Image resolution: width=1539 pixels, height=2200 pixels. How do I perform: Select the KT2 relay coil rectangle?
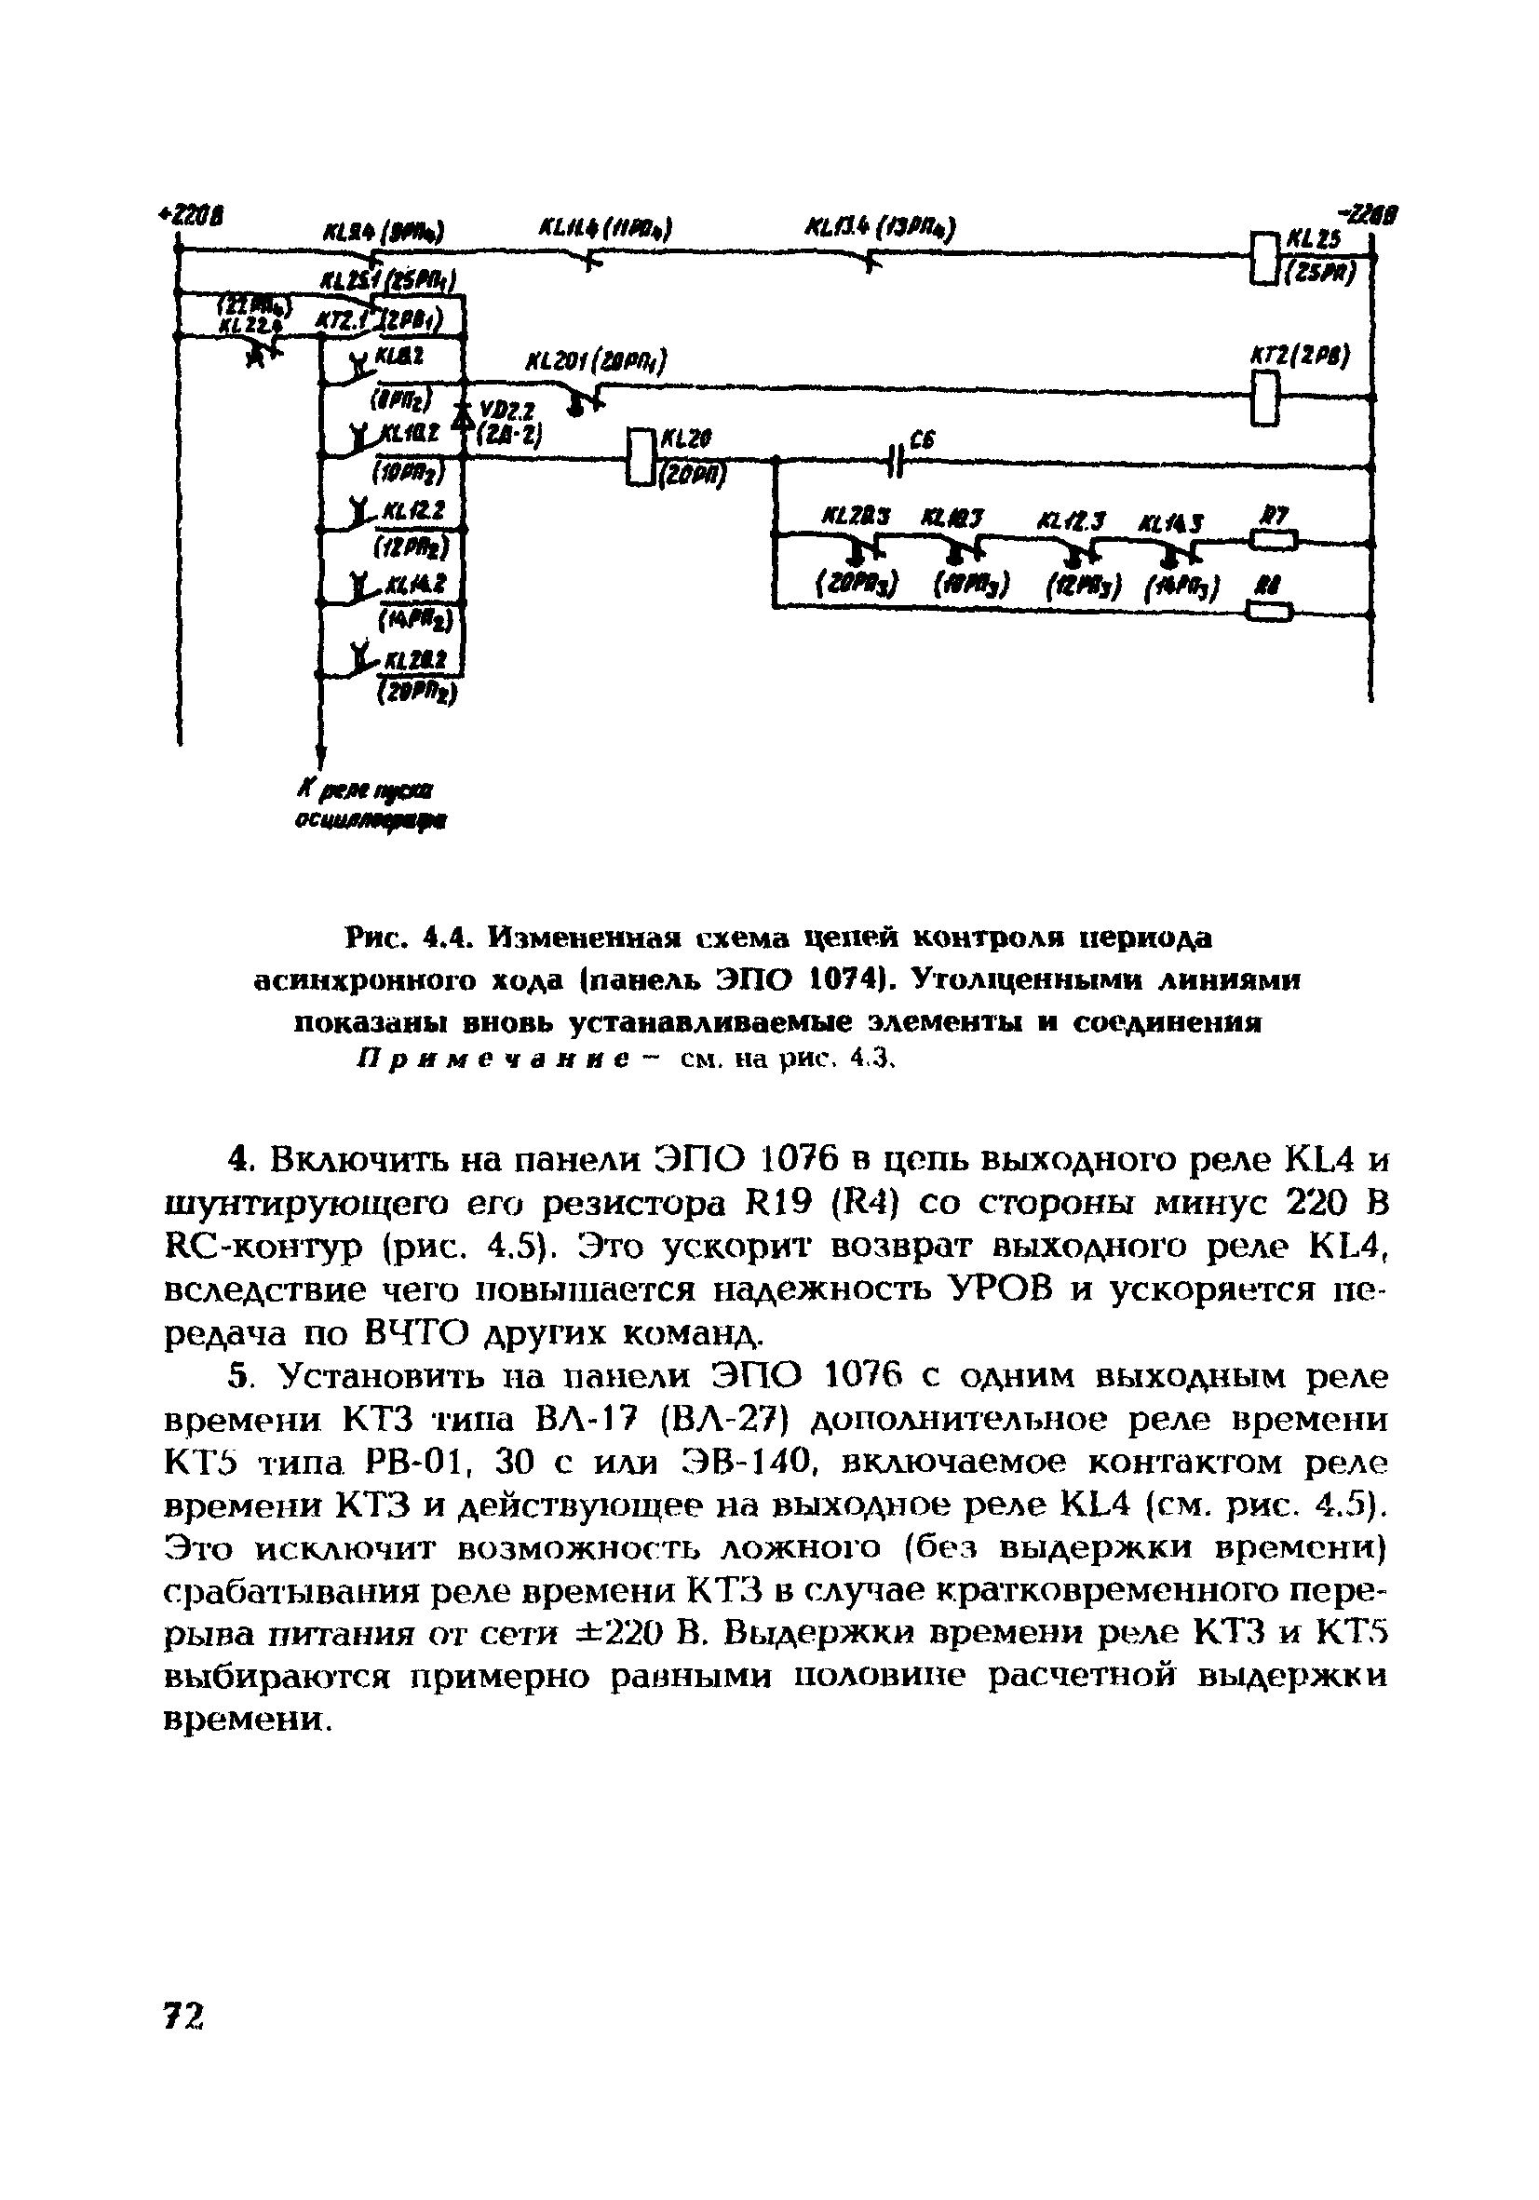(1266, 397)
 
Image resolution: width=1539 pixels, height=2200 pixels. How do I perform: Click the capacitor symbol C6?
(897, 460)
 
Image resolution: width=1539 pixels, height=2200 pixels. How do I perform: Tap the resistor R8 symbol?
(1270, 611)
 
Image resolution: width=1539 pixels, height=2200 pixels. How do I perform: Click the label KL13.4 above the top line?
(881, 228)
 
